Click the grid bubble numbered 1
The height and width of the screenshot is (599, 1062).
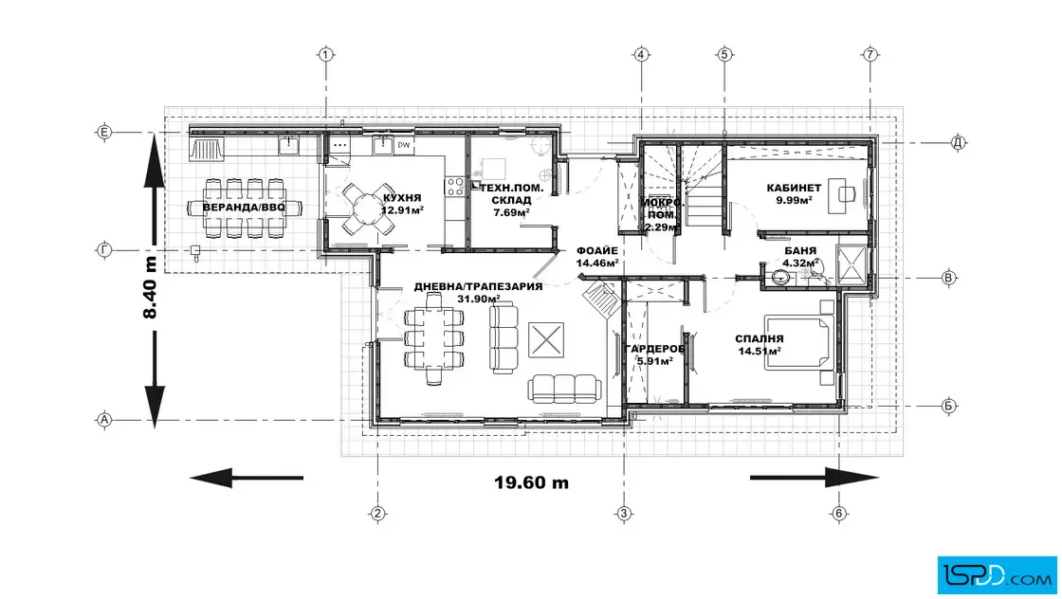tap(326, 54)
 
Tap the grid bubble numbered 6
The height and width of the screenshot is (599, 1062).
tap(839, 513)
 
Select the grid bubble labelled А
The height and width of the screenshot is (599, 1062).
tap(104, 420)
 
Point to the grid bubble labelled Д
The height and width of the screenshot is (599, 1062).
tap(958, 143)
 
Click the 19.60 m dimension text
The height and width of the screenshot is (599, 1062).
tap(532, 482)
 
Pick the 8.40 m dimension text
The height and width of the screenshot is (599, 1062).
tap(150, 287)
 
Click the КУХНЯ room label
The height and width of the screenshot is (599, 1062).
tap(402, 198)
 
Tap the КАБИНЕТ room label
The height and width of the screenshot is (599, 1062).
tap(794, 189)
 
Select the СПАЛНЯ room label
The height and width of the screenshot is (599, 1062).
tap(760, 339)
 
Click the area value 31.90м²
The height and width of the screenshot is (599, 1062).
tap(478, 299)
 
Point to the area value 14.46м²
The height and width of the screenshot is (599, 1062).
tap(597, 263)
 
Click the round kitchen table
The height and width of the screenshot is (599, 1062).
tap(366, 208)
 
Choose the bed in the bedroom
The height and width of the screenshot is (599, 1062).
tap(799, 342)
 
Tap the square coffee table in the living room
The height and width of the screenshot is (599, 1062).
tap(546, 339)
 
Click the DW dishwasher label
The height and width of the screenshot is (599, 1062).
tap(404, 145)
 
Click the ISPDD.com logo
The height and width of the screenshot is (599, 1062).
tap(997, 575)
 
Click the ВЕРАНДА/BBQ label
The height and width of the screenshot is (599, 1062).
tap(245, 208)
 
